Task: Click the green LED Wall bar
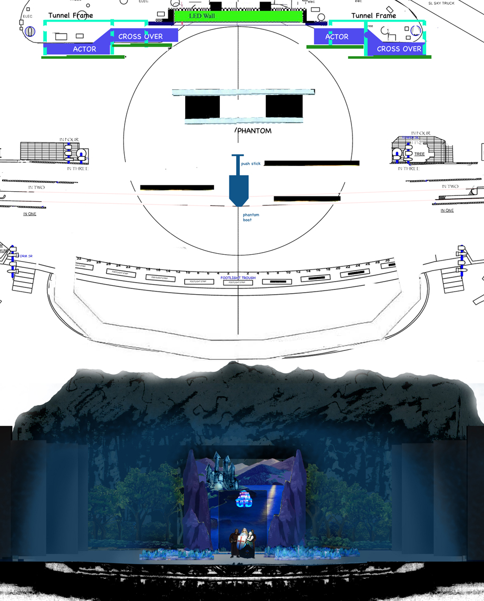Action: pos(238,16)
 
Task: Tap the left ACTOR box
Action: pos(84,49)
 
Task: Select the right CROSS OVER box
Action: pos(399,49)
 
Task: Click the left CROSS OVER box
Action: pos(140,36)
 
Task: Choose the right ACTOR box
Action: pos(337,37)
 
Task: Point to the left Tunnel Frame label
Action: pos(70,15)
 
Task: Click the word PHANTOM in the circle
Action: pos(254,131)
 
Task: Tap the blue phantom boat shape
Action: pos(238,190)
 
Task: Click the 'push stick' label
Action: pos(250,164)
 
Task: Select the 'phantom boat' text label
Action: pos(247,217)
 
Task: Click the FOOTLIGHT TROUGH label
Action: pos(238,277)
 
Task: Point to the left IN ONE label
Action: pos(29,214)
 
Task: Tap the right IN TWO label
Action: pos(450,186)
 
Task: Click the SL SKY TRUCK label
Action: pos(441,3)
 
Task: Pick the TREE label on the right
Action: pos(419,154)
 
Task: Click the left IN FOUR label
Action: pos(68,140)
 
